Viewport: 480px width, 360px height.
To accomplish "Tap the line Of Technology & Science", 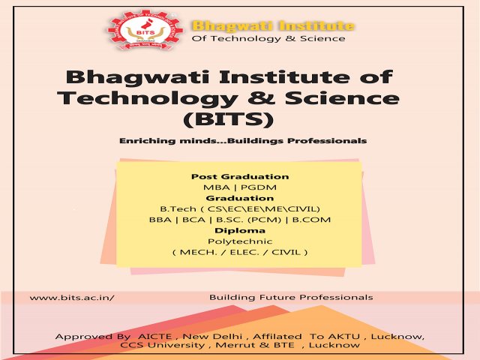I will click(x=268, y=38).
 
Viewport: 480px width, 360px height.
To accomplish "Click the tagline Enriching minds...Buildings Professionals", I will click(x=242, y=140).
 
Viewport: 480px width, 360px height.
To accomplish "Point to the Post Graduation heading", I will click(x=240, y=176).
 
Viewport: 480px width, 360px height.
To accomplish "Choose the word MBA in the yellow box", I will click(x=214, y=187).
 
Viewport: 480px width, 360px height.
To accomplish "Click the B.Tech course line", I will click(x=240, y=208).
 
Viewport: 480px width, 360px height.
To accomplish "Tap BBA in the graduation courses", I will click(x=160, y=219).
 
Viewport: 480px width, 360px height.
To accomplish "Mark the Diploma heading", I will click(x=240, y=230).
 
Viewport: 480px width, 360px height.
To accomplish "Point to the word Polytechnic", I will click(x=240, y=241).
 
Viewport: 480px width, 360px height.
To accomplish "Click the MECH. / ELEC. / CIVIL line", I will click(x=240, y=252).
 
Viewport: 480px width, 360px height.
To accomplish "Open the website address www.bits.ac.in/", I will click(x=72, y=298).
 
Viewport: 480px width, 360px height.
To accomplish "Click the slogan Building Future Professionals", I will click(x=291, y=298).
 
